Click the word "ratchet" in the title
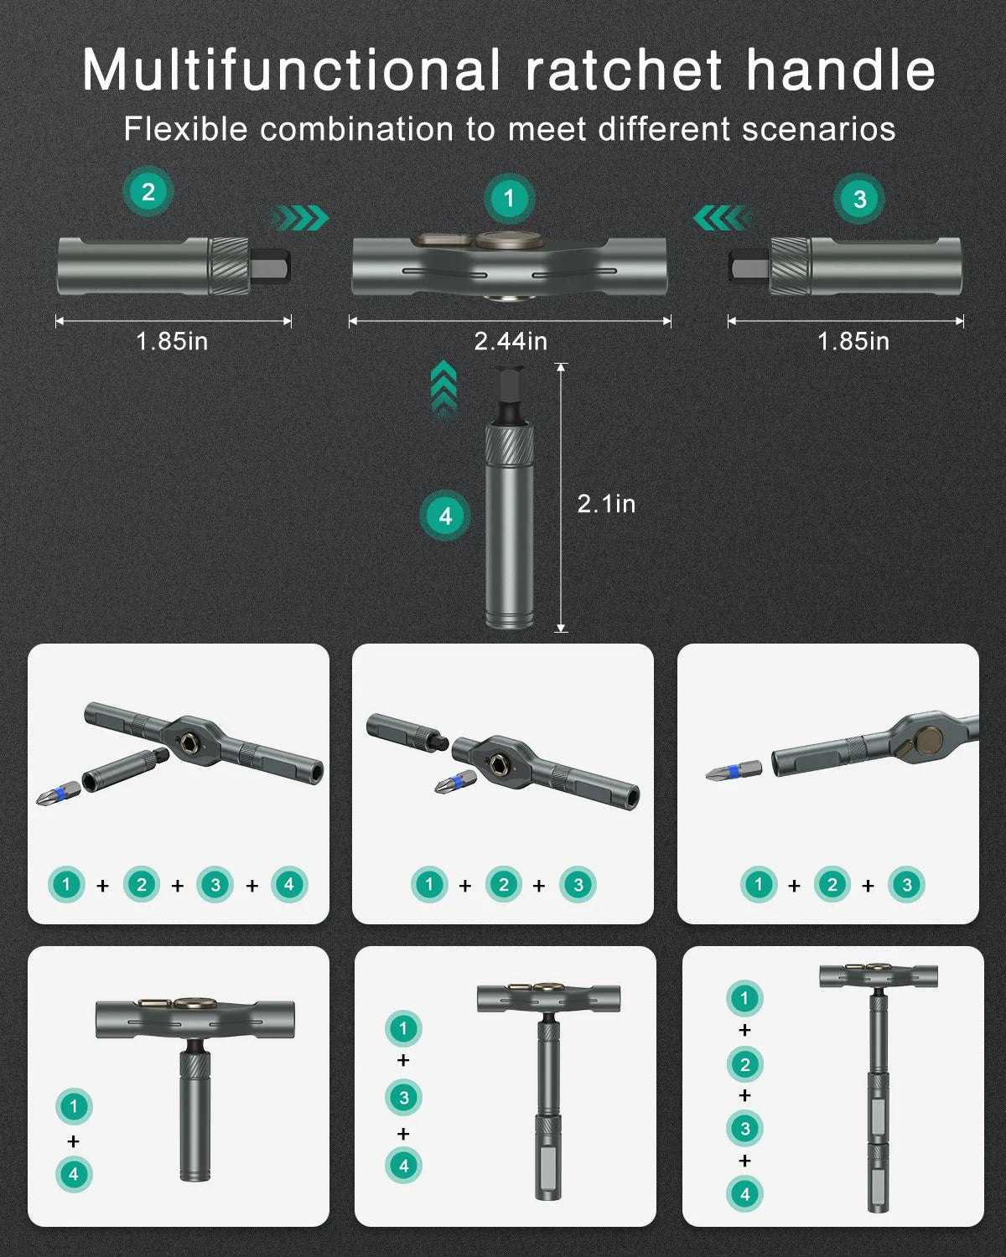pos(624,70)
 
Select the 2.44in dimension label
pos(511,341)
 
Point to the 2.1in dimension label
pos(606,504)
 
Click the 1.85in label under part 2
pos(172,341)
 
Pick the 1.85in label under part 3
pos(853,341)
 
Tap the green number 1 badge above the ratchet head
pos(509,199)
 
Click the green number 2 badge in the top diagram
pos(148,192)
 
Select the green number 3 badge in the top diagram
pos(858,199)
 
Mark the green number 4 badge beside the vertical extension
pos(445,515)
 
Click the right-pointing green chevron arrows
pos(300,218)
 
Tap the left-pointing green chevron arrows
pos(723,218)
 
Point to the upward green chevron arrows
pos(443,390)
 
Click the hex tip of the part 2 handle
pos(269,267)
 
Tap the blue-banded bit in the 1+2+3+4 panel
pos(59,793)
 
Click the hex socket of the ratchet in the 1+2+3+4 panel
pos(189,742)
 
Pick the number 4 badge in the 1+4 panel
pos(74,1174)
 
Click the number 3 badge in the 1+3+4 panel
pos(403,1098)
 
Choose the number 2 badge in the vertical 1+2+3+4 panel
pos(744,1064)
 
